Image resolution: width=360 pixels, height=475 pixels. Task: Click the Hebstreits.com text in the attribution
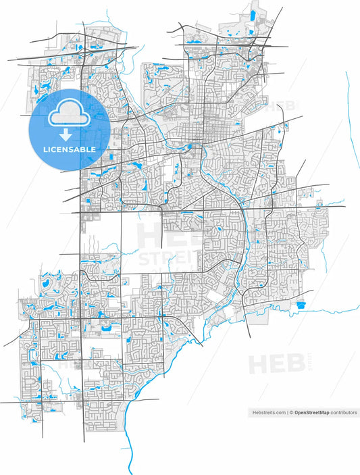click(x=267, y=411)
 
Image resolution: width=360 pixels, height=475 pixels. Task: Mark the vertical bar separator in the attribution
click(x=287, y=411)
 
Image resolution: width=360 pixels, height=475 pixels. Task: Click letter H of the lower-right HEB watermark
click(x=259, y=364)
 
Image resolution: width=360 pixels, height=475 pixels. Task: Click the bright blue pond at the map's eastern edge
click(x=301, y=306)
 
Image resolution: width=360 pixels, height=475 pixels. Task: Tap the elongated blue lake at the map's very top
click(x=254, y=14)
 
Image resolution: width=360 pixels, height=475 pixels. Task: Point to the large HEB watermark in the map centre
click(x=162, y=236)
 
